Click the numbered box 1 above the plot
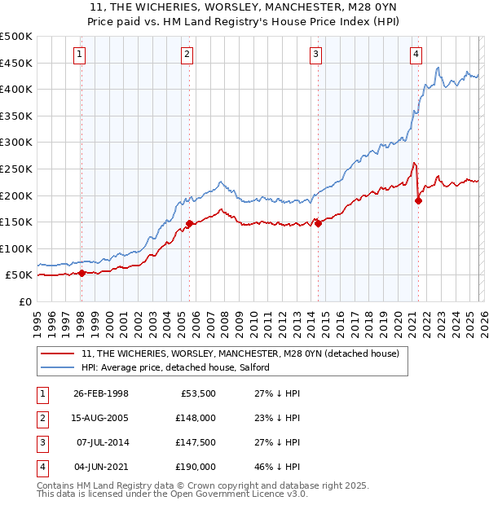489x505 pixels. pyautogui.click(x=80, y=55)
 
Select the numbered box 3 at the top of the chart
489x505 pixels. pyautogui.click(x=315, y=55)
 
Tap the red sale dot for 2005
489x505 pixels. pyautogui.click(x=189, y=223)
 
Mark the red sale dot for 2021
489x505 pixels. pyautogui.click(x=418, y=200)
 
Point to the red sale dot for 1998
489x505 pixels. pyautogui.click(x=82, y=274)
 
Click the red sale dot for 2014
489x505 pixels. pyautogui.click(x=318, y=224)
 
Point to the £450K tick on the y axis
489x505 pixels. pyautogui.click(x=16, y=63)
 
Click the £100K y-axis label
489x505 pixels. pyautogui.click(x=16, y=248)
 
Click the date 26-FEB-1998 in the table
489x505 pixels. pyautogui.click(x=100, y=393)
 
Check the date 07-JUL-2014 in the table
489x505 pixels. pyautogui.click(x=100, y=442)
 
